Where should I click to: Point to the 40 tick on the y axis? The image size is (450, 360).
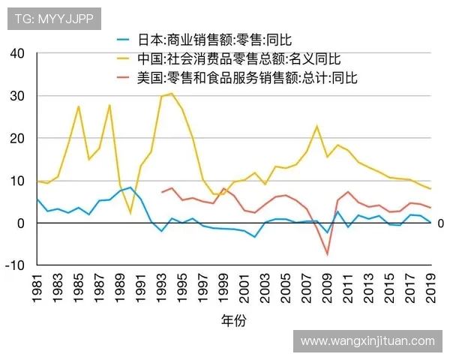[x=18, y=54]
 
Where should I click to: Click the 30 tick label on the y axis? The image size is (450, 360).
[x=18, y=96]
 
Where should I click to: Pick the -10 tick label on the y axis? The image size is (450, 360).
[x=15, y=265]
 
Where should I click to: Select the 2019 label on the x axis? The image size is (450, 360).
[x=431, y=288]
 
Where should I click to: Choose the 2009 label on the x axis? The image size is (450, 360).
[x=328, y=288]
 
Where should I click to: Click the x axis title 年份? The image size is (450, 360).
[x=233, y=321]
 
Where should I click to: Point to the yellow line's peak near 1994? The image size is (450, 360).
[x=172, y=94]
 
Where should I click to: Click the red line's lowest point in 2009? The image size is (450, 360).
[x=327, y=254]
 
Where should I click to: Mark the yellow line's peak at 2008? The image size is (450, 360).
[x=317, y=127]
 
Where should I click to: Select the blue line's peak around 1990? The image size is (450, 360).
[x=130, y=187]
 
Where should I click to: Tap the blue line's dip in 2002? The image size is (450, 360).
[x=255, y=237]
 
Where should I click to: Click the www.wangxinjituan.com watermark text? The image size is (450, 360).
[x=367, y=340]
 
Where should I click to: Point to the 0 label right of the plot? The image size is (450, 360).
[x=441, y=223]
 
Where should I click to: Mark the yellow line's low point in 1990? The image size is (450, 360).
[x=130, y=213]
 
